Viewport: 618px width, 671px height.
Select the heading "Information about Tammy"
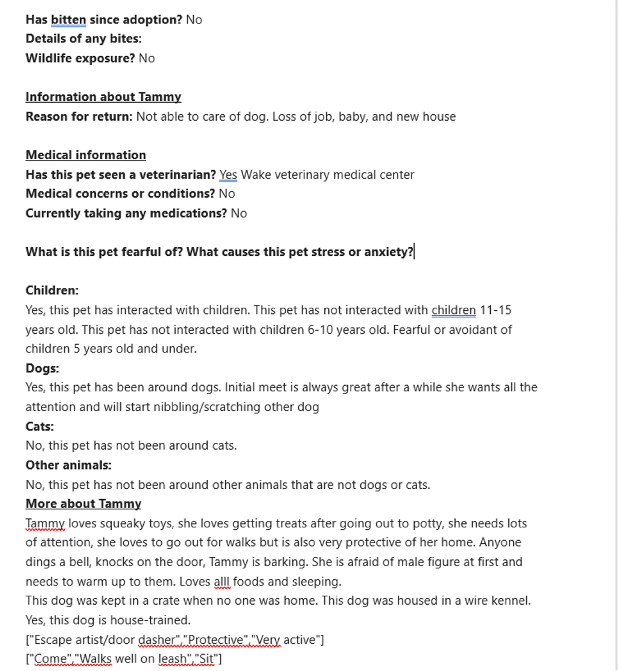tap(103, 97)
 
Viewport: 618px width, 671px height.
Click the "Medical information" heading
tap(86, 155)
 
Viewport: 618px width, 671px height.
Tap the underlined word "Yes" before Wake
tap(228, 175)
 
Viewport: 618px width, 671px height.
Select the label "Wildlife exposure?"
tap(80, 59)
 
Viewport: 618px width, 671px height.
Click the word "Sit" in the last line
tap(206, 659)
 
